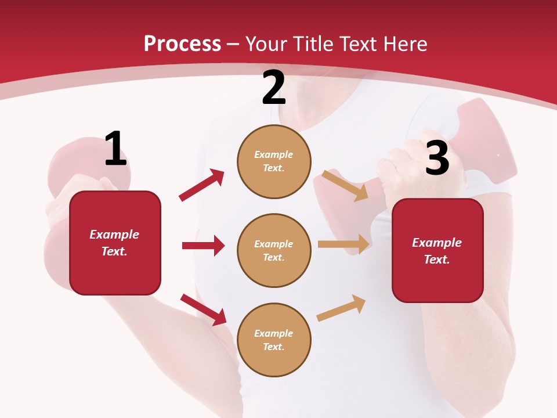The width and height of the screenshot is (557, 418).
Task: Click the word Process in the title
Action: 182,44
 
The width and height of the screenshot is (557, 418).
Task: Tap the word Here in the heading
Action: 404,44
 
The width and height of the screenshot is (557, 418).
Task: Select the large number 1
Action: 115,149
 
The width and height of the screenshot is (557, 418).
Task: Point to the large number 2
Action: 274,88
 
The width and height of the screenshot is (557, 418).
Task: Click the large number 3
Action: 437,158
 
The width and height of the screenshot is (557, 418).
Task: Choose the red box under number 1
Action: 115,243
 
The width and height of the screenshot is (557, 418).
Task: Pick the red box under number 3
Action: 437,250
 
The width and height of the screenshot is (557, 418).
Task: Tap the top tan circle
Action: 274,161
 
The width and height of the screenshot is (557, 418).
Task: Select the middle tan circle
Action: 274,250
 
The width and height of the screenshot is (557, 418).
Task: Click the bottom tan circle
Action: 274,340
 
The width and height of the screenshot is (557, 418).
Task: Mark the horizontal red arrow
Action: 203,246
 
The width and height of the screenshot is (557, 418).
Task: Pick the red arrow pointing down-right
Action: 204,309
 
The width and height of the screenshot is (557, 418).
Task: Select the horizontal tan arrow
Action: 343,244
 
